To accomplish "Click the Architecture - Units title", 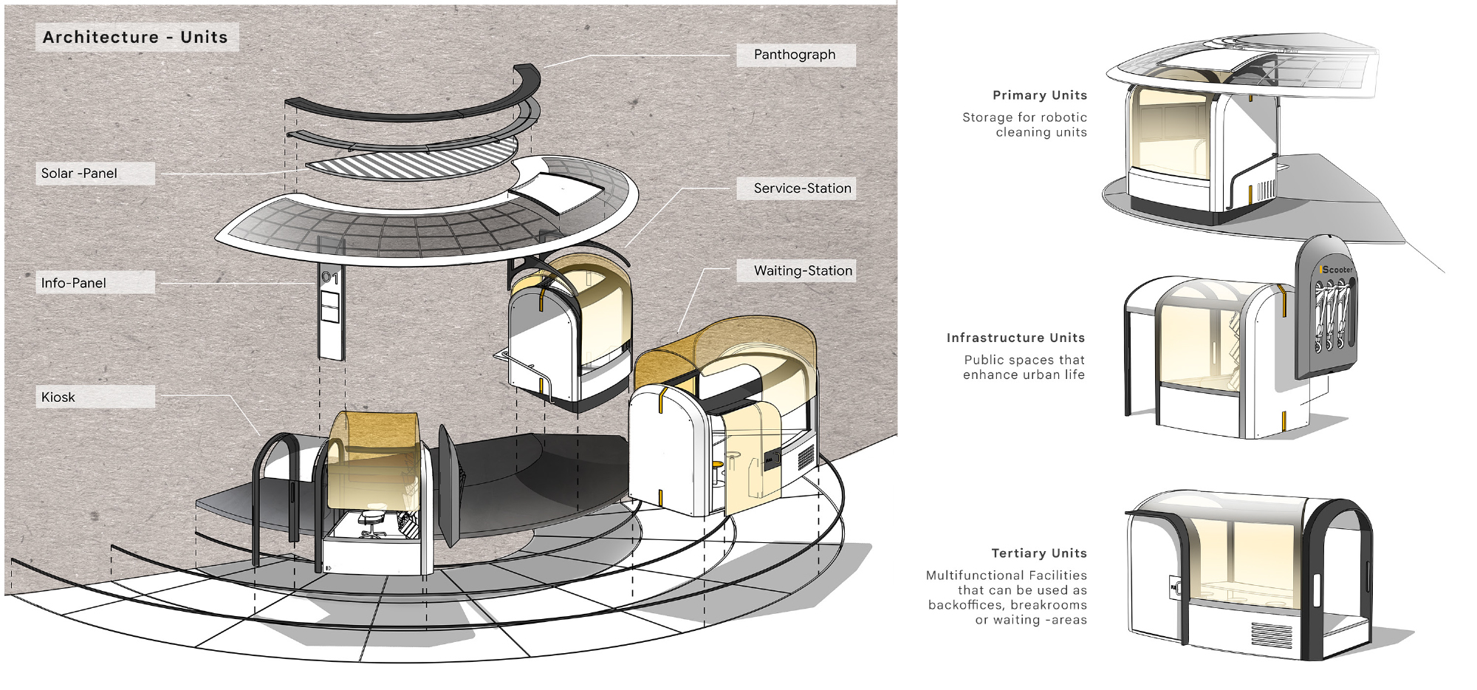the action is pos(135,37).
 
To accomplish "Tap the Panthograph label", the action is pos(795,55).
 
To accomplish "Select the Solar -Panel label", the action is pos(79,173).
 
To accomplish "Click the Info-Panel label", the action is pos(73,283).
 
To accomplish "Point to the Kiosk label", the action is pos(58,397).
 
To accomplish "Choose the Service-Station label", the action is pos(803,188).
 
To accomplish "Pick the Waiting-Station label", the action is pos(803,270).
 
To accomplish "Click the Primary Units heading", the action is pos(1040,95).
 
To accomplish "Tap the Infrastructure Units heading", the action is pos(1015,338).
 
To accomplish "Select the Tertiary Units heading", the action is pos(1039,553).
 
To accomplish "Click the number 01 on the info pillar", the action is pos(330,278).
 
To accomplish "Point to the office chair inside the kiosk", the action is pos(373,522).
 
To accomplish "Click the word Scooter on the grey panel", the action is pos(1337,270).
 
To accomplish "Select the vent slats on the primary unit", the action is pos(1266,190).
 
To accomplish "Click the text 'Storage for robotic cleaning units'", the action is pos(1024,125).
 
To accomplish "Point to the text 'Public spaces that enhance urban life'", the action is pos(1024,367).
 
